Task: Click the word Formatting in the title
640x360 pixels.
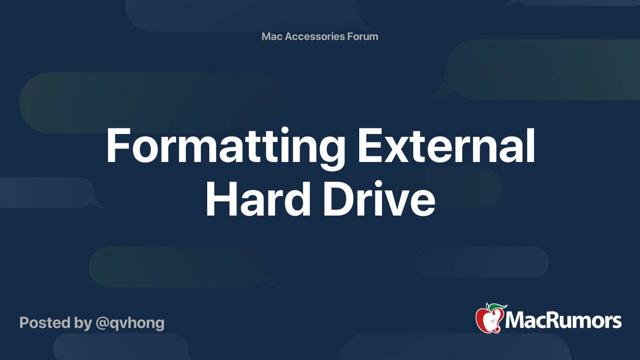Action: coord(225,146)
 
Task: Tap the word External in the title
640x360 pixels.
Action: coord(446,146)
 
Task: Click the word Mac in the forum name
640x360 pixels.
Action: coord(272,36)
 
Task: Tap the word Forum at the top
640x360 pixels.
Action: coord(363,36)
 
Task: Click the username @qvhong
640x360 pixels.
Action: coord(130,323)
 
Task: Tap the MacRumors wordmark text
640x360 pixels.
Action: coord(563,320)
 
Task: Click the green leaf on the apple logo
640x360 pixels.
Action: coord(498,307)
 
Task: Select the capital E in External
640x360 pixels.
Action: coord(368,146)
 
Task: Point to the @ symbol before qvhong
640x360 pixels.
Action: coord(102,323)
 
